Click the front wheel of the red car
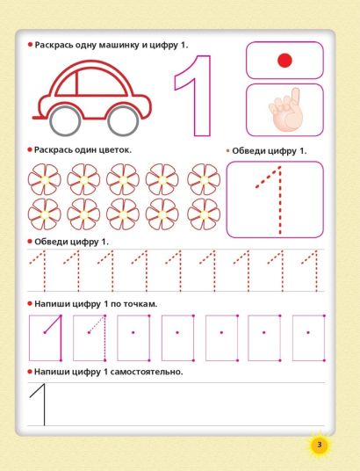[x=123, y=120]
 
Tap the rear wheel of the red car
[x=66, y=120]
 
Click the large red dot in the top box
[x=284, y=61]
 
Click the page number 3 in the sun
[x=319, y=445]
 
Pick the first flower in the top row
[x=45, y=179]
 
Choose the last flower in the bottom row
[x=204, y=214]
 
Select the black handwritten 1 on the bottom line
[x=44, y=405]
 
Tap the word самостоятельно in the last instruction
[x=147, y=372]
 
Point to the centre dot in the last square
[x=308, y=332]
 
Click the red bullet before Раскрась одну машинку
[x=30, y=45]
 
